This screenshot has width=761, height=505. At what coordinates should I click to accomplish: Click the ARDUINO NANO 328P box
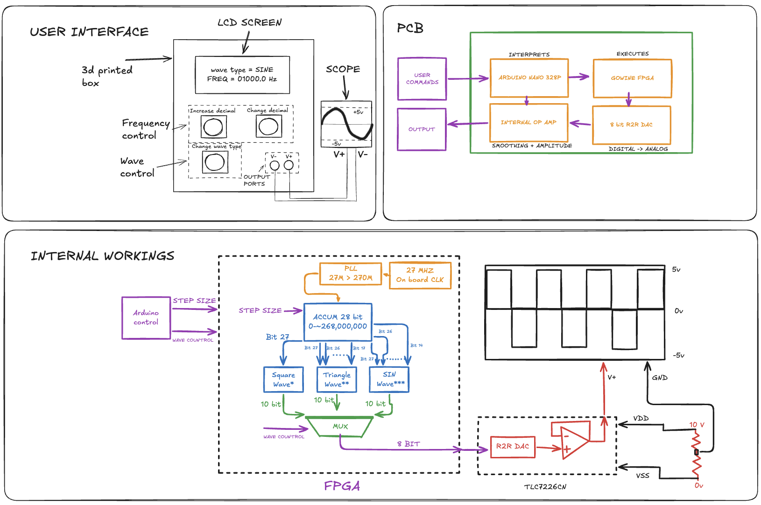(x=529, y=78)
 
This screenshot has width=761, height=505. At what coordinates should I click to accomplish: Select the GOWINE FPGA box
(x=632, y=78)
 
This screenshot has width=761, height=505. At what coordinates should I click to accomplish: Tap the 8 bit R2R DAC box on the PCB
(x=631, y=125)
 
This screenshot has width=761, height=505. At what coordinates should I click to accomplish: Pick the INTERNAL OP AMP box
(x=528, y=123)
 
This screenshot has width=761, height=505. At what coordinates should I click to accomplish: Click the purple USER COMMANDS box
(x=422, y=79)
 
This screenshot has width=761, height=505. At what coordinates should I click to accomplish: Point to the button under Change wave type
(x=215, y=162)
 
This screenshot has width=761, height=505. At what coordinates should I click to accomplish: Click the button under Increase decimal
(x=214, y=126)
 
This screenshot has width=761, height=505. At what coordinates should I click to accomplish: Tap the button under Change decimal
(x=268, y=126)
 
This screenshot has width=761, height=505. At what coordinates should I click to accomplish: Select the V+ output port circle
(x=289, y=165)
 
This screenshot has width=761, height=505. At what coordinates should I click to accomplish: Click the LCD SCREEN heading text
(x=250, y=22)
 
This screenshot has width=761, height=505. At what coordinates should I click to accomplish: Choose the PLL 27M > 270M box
(x=351, y=274)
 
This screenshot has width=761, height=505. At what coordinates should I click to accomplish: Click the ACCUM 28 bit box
(x=338, y=322)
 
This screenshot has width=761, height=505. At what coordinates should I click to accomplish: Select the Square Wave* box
(x=283, y=379)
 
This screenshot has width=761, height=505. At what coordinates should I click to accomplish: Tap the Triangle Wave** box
(x=337, y=379)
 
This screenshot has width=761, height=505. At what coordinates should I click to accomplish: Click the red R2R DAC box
(x=513, y=447)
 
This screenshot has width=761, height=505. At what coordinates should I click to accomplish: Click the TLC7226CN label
(x=545, y=487)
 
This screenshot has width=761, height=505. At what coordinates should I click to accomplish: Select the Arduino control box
(x=146, y=318)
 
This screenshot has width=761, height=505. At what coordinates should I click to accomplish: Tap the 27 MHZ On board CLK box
(x=420, y=275)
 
